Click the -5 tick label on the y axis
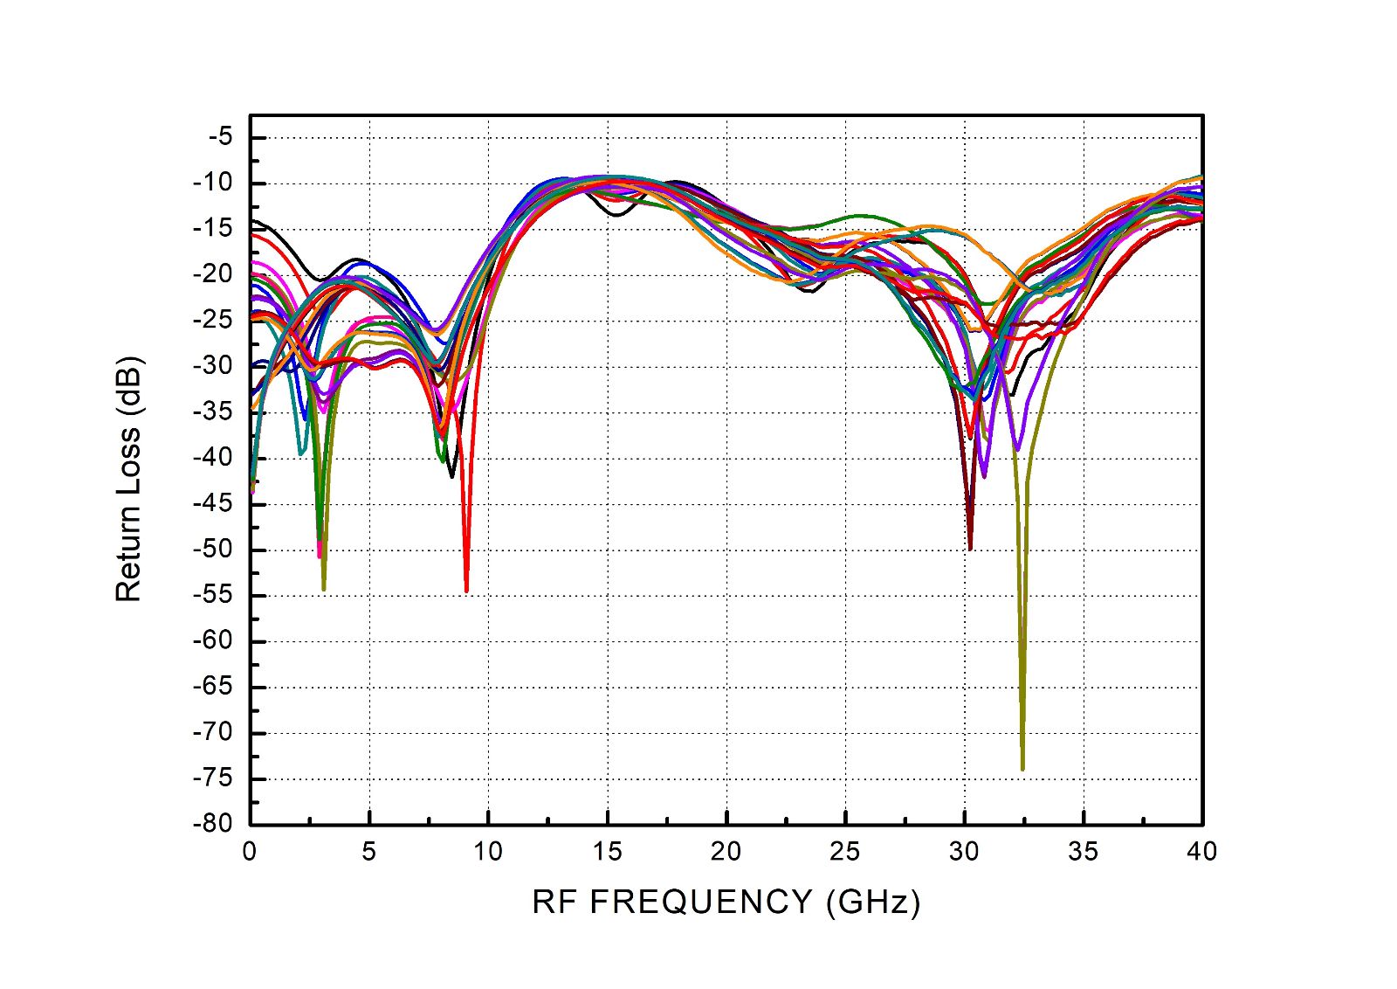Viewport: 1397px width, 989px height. click(221, 137)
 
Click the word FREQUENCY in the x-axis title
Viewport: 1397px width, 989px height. click(701, 902)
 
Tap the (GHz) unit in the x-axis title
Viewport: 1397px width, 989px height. click(873, 902)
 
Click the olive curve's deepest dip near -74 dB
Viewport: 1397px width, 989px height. click(1022, 769)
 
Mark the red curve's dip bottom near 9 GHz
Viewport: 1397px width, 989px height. click(466, 591)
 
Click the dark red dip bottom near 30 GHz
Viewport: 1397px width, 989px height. click(970, 549)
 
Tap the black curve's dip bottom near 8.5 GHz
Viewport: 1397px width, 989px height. click(452, 476)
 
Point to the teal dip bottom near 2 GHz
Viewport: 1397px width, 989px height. click(300, 453)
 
